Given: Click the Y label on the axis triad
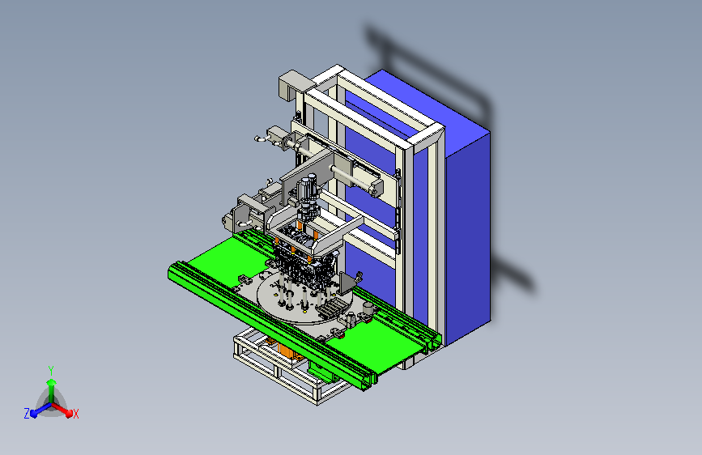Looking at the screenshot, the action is (x=51, y=371).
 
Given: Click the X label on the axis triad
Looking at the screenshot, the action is (x=75, y=415).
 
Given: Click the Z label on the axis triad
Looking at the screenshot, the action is (x=27, y=414).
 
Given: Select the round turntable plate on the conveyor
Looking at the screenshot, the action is (x=299, y=298).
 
